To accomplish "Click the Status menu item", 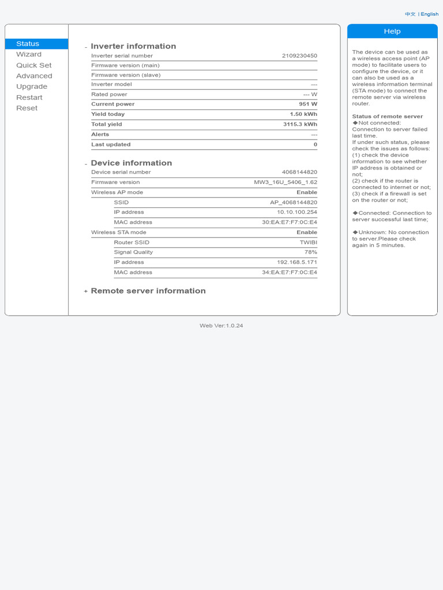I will (x=28, y=44).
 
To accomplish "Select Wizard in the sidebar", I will (x=29, y=54).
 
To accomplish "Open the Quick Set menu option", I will (x=34, y=65).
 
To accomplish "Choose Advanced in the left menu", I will (x=34, y=76).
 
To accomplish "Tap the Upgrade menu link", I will (x=32, y=86).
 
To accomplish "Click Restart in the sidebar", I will (x=29, y=97).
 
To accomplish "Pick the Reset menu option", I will (x=27, y=108).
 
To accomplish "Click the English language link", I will (x=429, y=14).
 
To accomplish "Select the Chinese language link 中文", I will (x=410, y=14).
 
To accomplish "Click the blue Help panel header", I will (x=392, y=31).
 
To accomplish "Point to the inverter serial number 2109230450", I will (x=299, y=56).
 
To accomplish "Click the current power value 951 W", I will (x=308, y=104).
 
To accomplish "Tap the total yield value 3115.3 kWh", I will (x=300, y=124).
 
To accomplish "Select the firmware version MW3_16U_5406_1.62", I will (x=286, y=182).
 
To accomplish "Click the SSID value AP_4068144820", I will (x=294, y=202).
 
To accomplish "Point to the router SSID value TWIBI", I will (x=308, y=242).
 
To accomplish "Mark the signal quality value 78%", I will (x=311, y=252).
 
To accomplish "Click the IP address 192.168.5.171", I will (x=297, y=262).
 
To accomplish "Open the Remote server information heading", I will (x=148, y=291).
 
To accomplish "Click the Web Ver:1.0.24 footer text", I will (x=221, y=326).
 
